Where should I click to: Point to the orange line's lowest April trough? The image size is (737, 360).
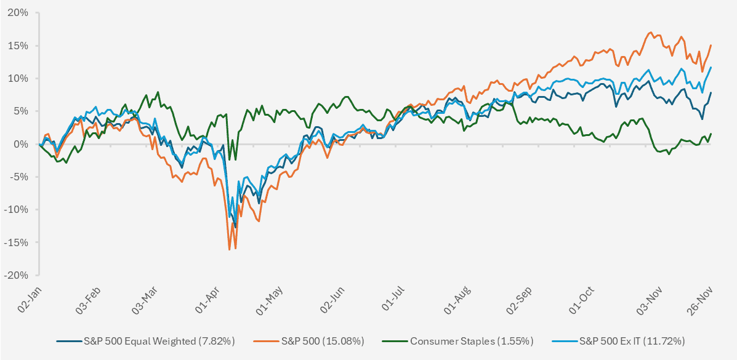click(x=230, y=250)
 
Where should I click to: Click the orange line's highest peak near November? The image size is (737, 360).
click(x=651, y=33)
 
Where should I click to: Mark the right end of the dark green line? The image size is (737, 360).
click(x=711, y=134)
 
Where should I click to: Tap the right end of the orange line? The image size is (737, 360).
click(x=711, y=45)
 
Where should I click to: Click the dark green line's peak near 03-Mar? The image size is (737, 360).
click(x=158, y=92)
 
